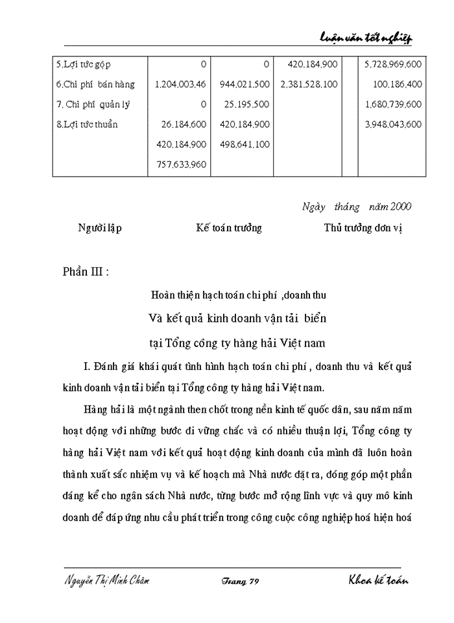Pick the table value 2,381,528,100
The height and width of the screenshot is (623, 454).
tap(309, 84)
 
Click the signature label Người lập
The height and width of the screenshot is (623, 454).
tap(100, 228)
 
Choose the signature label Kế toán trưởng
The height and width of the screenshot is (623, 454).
tap(229, 228)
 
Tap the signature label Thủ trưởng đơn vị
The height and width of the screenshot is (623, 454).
tap(363, 228)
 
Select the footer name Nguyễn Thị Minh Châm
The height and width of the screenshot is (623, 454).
tap(107, 581)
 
